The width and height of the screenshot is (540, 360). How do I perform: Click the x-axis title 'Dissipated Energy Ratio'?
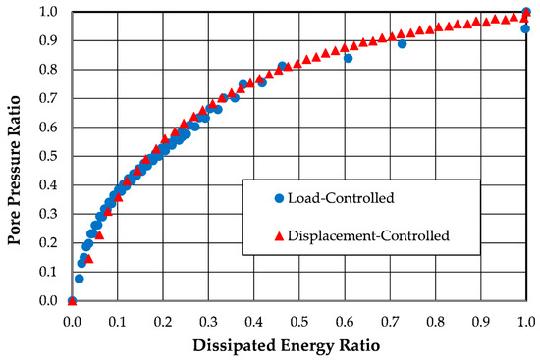pos(298,345)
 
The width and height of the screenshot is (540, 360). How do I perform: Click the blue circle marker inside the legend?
pos(279,198)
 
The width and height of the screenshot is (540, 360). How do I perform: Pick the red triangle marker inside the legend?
pos(279,235)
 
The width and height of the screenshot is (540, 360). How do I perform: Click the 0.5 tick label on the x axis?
pos(298,320)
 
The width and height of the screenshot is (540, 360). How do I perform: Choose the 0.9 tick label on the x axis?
pos(481,320)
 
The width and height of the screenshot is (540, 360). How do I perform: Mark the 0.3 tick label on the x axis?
pos(208,320)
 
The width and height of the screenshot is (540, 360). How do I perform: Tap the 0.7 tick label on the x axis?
pos(390,320)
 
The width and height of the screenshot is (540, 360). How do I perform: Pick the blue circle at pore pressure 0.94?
pos(525,29)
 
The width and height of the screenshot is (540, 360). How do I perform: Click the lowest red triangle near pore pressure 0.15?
pos(89,258)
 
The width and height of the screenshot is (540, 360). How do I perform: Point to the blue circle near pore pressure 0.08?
pos(80,279)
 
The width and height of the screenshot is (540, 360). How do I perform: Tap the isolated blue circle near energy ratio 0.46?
pos(282,67)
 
